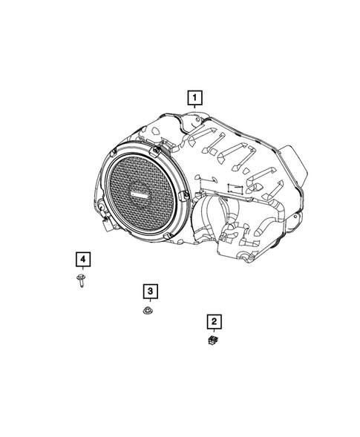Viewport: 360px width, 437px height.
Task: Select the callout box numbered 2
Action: [x=213, y=321]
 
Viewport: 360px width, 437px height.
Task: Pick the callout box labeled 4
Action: [x=83, y=259]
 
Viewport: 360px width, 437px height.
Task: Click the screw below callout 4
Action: [x=79, y=280]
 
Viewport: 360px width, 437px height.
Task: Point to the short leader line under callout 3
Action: [x=149, y=300]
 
